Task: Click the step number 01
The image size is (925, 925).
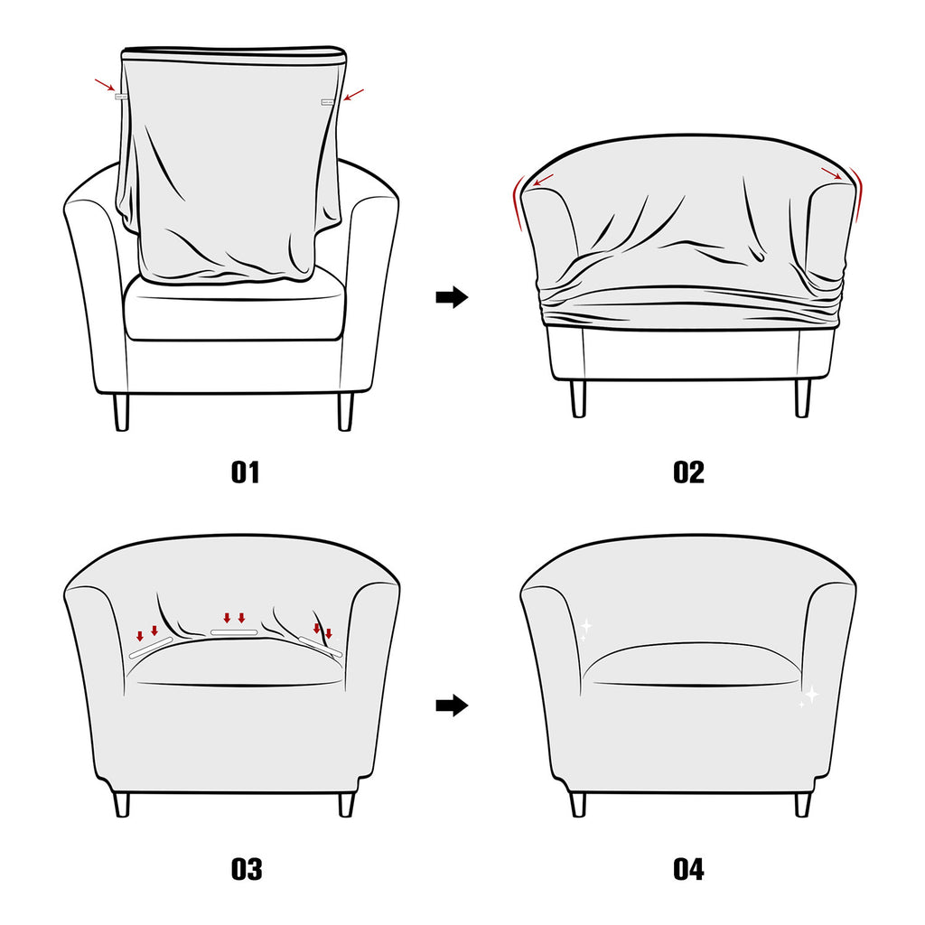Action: pos(245,472)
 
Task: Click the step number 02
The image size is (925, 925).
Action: pos(688,472)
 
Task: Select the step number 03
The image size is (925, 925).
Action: pos(246,869)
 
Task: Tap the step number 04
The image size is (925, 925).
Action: pos(688,869)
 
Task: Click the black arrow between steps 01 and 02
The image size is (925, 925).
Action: pos(452,297)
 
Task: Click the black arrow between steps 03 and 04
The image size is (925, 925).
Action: pos(452,705)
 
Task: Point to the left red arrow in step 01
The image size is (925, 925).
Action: pos(104,86)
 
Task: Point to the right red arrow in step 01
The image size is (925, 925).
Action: pos(354,93)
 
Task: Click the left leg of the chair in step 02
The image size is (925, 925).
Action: pos(578,398)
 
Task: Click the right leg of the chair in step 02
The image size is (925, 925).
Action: pos(802,398)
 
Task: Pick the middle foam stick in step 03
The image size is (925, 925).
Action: pos(235,632)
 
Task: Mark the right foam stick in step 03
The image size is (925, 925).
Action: pos(322,644)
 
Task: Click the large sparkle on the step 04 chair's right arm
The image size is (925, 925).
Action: pos(810,694)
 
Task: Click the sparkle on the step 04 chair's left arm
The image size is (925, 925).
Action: pos(585,625)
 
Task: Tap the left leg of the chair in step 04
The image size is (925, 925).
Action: pos(578,803)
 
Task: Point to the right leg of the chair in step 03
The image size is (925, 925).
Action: pos(345,804)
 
